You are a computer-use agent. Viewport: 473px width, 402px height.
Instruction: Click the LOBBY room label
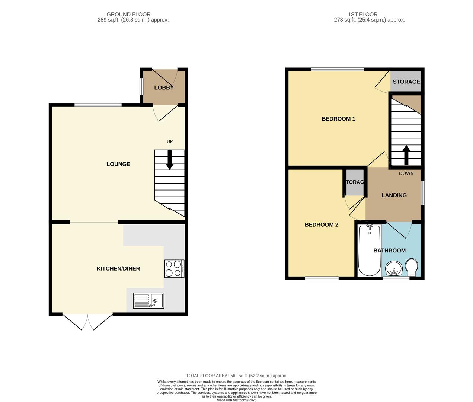(164, 88)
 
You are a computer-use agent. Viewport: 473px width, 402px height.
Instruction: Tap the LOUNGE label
(118, 164)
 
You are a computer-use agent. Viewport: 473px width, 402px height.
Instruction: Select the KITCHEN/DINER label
(118, 269)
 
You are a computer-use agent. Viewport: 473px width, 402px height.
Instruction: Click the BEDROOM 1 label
(338, 119)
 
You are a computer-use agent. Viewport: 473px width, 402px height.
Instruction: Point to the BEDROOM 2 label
(321, 225)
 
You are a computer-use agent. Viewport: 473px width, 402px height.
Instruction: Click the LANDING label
(394, 195)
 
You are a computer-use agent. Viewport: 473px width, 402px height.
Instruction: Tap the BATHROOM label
(389, 251)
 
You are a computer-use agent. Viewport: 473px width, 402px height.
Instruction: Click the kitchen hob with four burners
(174, 269)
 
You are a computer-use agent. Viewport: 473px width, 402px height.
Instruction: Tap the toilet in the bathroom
(411, 267)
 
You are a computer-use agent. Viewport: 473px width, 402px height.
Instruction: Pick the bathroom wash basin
(393, 268)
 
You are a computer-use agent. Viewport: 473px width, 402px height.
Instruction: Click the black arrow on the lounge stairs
(169, 160)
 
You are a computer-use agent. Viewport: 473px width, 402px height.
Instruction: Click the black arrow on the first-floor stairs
(406, 154)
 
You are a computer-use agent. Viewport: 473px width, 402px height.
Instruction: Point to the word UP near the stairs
(170, 141)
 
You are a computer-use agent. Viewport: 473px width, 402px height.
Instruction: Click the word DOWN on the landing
(406, 173)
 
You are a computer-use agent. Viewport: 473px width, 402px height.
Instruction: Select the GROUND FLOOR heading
(128, 15)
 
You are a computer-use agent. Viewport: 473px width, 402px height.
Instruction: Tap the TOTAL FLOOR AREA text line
(236, 376)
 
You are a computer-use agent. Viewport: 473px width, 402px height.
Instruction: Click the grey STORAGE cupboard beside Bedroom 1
(406, 82)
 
